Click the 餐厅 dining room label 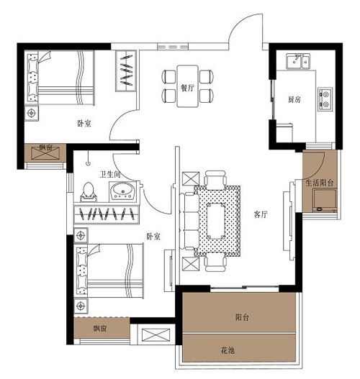click(187, 88)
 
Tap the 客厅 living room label click(261, 214)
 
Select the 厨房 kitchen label click(294, 99)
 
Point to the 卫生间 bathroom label click(110, 174)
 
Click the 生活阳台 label click(320, 183)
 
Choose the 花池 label click(228, 350)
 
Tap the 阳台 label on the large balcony click(242, 317)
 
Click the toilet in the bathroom click(89, 192)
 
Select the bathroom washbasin click(123, 191)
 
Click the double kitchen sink click(298, 61)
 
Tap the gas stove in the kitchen click(325, 99)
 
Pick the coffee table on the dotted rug click(216, 221)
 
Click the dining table click(188, 86)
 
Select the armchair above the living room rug click(215, 180)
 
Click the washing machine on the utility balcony click(325, 201)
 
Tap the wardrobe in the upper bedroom click(125, 70)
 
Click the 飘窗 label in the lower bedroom click(100, 328)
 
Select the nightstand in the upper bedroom click(32, 113)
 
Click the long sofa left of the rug click(189, 221)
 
